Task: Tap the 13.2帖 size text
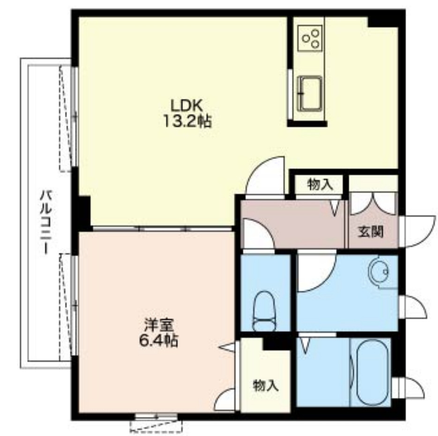[x=187, y=122]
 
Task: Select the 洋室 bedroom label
[x=159, y=325]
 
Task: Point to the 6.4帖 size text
[x=159, y=340]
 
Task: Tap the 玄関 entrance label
[x=371, y=232]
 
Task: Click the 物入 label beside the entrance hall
[x=320, y=185]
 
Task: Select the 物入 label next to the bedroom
[x=265, y=386]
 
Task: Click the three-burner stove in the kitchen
[x=310, y=38]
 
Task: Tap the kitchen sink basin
[x=310, y=94]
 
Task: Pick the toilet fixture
[x=264, y=311]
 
